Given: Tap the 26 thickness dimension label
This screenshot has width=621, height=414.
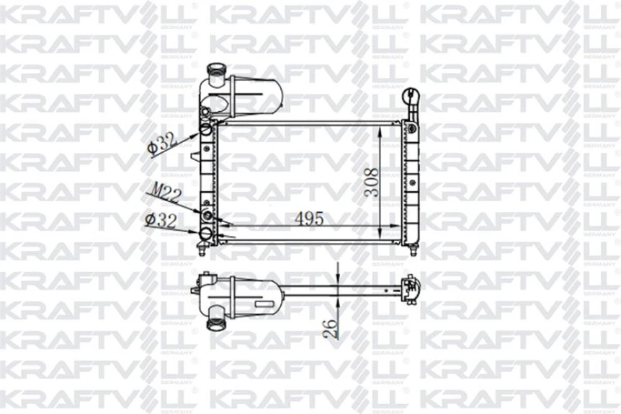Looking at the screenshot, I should (x=329, y=328).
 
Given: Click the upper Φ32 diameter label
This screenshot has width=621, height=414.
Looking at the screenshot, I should (x=161, y=143).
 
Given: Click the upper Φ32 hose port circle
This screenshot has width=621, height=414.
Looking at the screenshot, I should (x=207, y=130).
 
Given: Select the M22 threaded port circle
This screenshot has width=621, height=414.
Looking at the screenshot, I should (x=208, y=216).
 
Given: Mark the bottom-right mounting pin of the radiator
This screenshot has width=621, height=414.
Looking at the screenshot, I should (x=414, y=250).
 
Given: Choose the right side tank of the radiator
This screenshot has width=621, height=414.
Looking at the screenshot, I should (x=413, y=184).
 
